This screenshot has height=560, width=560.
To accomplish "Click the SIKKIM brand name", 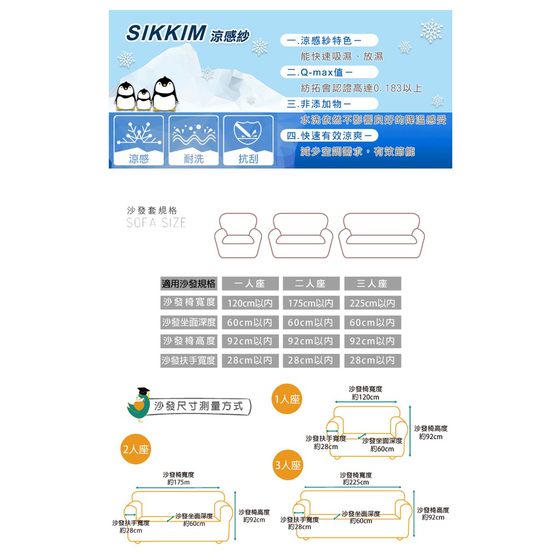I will [166, 33].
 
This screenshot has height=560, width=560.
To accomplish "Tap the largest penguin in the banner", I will [165, 94].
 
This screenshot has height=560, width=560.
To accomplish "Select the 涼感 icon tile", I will [139, 141].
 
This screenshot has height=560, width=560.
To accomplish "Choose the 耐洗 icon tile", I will [194, 141].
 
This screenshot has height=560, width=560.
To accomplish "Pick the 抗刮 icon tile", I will [248, 141].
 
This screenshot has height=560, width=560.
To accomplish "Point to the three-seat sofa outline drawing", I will [381, 235].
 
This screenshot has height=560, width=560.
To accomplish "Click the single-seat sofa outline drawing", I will [238, 235].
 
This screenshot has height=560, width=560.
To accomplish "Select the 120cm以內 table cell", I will [250, 303].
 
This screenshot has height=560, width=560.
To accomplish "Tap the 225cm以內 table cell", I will [372, 303].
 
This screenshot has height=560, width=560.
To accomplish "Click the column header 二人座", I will [311, 284].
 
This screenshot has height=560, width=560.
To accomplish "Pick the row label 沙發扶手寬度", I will [189, 361].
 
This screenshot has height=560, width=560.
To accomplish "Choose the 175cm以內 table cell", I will [311, 303].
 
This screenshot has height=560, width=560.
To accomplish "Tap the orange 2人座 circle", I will [136, 450].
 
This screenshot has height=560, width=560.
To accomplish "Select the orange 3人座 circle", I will [288, 465].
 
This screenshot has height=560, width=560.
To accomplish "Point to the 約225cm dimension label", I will [356, 482].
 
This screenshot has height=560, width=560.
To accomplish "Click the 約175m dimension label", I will [178, 482].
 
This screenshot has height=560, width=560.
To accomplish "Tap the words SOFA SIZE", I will [156, 223].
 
